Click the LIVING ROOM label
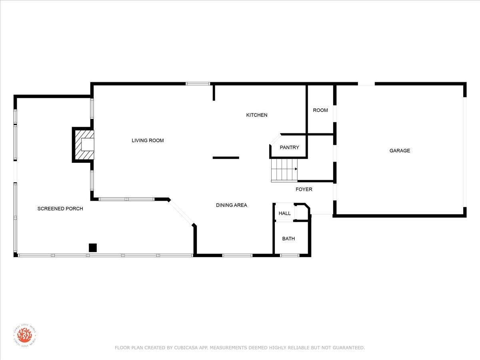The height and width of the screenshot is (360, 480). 148,140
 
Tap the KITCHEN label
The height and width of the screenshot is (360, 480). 257,115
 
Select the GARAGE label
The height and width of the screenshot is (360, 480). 400,151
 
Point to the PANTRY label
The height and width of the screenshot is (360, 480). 289,148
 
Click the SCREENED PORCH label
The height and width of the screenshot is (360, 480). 60,209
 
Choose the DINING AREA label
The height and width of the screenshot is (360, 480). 232,205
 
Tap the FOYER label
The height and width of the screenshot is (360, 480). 304,189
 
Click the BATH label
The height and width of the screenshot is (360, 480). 288,239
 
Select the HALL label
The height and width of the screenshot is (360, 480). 284,213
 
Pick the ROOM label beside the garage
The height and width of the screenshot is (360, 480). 320,110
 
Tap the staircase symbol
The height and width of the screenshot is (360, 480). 284,170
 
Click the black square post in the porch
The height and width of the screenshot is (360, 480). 93,248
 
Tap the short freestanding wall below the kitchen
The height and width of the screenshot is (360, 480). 226,158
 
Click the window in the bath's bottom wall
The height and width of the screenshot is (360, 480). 290,255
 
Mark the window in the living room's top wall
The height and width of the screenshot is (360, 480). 198,84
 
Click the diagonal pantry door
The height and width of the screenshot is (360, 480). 275,139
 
